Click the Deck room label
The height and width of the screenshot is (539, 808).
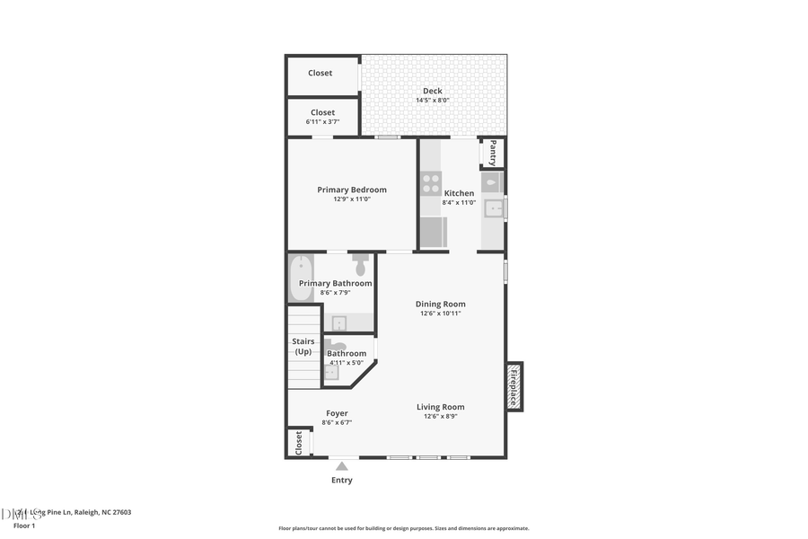click(432, 91)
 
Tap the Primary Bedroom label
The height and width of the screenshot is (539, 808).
click(352, 190)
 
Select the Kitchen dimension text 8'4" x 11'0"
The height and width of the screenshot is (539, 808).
click(459, 203)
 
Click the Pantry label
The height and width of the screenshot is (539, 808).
click(493, 153)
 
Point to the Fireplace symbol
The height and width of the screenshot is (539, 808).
click(514, 386)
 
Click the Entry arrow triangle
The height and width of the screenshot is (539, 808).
click(341, 465)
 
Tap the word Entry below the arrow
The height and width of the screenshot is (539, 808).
click(341, 481)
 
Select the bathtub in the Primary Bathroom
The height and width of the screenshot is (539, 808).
click(301, 278)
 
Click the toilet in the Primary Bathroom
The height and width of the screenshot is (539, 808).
click(361, 264)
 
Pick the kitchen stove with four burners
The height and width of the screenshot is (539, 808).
click(431, 184)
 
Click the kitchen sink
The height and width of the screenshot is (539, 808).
click(493, 208)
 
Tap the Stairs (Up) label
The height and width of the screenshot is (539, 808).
click(303, 346)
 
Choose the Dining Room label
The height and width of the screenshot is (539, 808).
click(440, 304)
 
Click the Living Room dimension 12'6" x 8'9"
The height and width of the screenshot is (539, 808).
click(440, 417)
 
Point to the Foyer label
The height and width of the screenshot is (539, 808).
click(337, 413)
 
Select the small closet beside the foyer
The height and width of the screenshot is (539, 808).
click(298, 442)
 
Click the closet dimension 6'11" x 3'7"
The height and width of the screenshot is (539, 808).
click(322, 121)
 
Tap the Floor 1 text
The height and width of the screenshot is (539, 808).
click(23, 526)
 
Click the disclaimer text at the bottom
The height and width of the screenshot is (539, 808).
click(403, 528)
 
